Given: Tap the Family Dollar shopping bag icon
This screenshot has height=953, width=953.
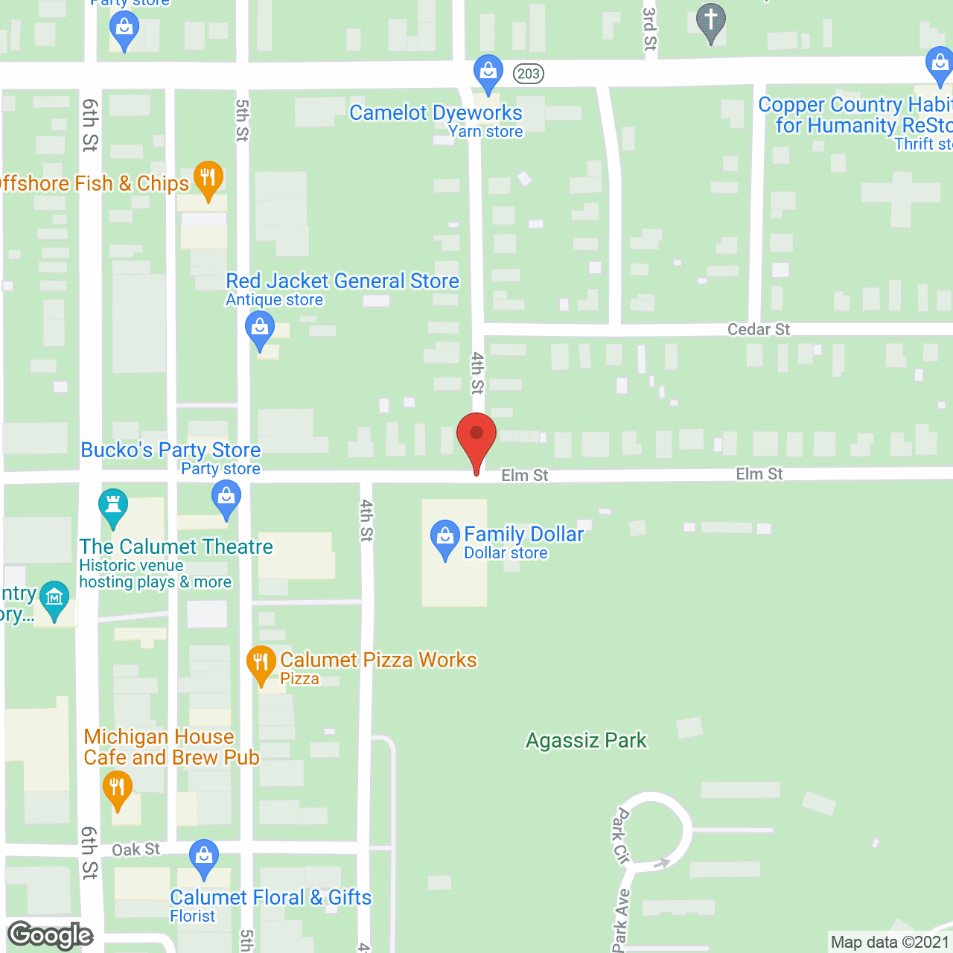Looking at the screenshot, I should (x=445, y=537).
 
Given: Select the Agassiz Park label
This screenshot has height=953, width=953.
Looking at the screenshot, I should (x=586, y=741).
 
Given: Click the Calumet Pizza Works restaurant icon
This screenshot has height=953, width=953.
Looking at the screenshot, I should (x=261, y=663).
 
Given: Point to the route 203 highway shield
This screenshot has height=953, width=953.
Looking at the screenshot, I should (x=528, y=74).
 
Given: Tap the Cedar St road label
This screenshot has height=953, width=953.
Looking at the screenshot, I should (x=758, y=329).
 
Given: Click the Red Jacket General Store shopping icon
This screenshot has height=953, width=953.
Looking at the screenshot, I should (x=260, y=329).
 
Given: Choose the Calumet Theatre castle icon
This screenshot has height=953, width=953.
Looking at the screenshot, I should (x=113, y=506).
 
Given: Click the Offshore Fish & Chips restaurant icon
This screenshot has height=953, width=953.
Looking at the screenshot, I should (x=208, y=179).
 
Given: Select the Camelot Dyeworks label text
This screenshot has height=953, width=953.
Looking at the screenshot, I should (x=436, y=113).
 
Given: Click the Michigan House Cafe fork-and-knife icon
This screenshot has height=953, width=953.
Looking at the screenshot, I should (x=117, y=789).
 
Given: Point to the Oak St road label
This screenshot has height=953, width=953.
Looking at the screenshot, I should (x=136, y=850).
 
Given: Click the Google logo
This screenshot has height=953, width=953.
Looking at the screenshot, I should (x=51, y=935).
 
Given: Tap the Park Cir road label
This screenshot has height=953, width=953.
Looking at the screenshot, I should (x=620, y=835).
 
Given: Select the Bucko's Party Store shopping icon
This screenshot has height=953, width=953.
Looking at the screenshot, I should (x=226, y=497).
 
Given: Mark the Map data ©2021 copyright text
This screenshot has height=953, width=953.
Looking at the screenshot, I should (x=890, y=943).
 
